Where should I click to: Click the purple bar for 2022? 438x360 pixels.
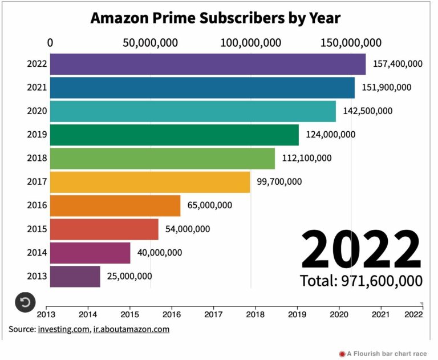coord(208,64)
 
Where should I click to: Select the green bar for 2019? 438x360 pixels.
coord(174,135)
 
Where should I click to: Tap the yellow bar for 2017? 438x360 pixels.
coord(150,182)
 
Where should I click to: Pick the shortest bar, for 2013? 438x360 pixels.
coord(75,276)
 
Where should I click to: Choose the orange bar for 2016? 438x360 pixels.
coord(115,205)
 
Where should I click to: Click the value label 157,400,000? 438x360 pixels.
coord(398,63)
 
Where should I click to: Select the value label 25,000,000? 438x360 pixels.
coord(129,276)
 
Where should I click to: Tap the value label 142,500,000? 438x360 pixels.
coord(368,111)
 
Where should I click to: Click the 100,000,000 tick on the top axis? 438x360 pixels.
coord(251,43)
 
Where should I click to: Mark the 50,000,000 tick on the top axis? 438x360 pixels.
coord(151,43)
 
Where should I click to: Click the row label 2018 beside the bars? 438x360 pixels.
coord(36,158)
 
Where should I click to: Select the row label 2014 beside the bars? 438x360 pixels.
coord(36,253)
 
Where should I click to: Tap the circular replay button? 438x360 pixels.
coord(25,302)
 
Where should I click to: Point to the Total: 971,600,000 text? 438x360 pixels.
coord(361,281)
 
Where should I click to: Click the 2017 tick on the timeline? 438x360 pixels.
coord(213,314)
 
